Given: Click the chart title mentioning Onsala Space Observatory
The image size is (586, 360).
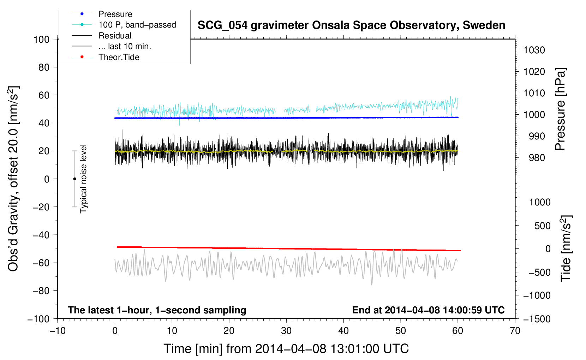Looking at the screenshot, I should pyautogui.click(x=351, y=25).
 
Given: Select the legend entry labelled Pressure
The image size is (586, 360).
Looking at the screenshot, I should pyautogui.click(x=115, y=14).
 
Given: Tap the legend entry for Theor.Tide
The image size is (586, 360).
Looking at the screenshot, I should pyautogui.click(x=119, y=57).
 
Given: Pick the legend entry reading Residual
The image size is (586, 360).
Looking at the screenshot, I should pyautogui.click(x=115, y=36).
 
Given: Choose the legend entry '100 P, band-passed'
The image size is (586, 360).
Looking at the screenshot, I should pyautogui.click(x=137, y=25).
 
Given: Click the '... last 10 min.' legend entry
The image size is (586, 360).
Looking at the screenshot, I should pyautogui.click(x=125, y=46).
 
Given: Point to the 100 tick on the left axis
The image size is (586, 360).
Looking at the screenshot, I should pyautogui.click(x=41, y=39).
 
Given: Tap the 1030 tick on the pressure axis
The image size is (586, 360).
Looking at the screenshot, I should pyautogui.click(x=534, y=50).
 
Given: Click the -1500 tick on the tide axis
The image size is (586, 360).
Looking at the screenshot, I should pyautogui.click(x=537, y=319).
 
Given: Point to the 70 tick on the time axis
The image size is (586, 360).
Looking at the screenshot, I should pyautogui.click(x=515, y=331).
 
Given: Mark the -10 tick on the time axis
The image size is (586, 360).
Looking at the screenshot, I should pyautogui.click(x=58, y=331).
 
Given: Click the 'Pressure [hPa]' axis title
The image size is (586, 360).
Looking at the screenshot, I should pyautogui.click(x=560, y=109).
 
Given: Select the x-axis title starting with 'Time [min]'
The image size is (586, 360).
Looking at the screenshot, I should pyautogui.click(x=286, y=349).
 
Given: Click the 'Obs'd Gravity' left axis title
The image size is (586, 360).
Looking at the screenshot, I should pyautogui.click(x=13, y=179).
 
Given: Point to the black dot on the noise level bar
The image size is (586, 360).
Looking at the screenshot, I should pyautogui.click(x=74, y=179).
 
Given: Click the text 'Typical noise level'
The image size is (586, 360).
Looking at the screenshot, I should pyautogui.click(x=83, y=179).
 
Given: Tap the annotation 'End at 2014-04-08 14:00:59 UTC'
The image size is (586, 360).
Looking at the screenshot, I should pyautogui.click(x=428, y=310).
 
